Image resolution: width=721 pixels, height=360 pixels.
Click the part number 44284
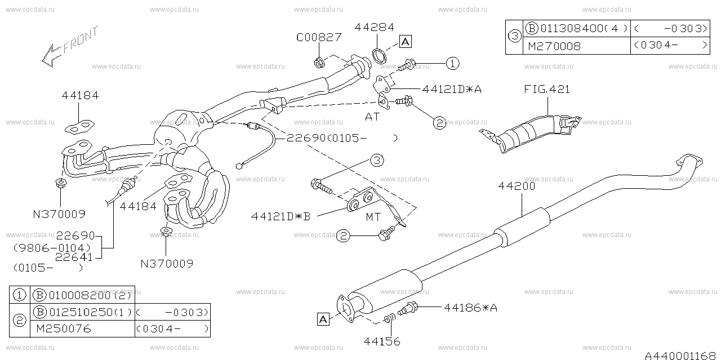(374, 27)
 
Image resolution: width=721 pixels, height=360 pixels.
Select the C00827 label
(319, 38)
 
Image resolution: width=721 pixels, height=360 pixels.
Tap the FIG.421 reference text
(546, 89)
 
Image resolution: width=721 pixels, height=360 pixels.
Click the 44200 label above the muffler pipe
(516, 185)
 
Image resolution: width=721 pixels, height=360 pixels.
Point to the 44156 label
(382, 341)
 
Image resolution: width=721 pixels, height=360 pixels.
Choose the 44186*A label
(470, 308)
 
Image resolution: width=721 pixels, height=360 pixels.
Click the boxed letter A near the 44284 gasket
(406, 41)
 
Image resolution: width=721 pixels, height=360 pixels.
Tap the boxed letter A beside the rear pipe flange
(323, 319)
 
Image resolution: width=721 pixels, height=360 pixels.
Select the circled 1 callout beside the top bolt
(453, 64)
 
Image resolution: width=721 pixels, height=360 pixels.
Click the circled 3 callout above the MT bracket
(377, 161)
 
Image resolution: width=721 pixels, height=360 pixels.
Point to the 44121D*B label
(281, 216)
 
